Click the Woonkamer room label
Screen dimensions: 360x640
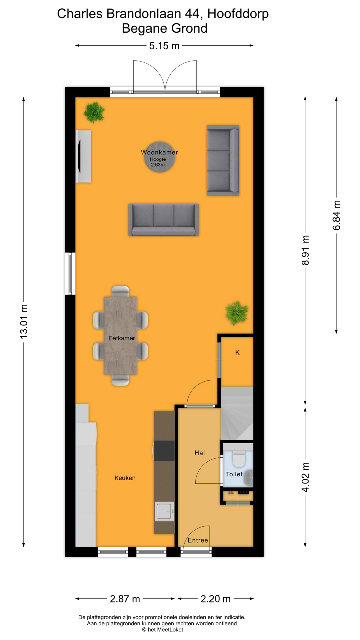coord(159,152)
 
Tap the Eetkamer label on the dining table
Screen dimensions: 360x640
coord(122,338)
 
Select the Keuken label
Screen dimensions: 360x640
coord(125,478)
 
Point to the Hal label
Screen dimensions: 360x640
coord(200,453)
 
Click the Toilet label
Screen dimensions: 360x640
coord(234,474)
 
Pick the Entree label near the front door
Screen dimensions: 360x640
coord(198,540)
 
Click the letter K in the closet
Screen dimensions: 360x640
coord(237,352)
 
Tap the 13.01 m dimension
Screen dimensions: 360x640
coord(24,322)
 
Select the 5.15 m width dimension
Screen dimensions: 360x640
coord(164,46)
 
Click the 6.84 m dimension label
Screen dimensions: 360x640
coord(336,215)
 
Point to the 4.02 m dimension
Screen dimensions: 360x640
coord(305,477)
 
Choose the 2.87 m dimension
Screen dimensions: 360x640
coord(125,599)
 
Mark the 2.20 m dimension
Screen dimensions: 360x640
coord(216,599)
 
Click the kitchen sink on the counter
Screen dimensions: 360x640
coord(164,511)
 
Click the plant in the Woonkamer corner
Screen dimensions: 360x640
coord(94,112)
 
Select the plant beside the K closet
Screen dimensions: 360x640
coord(237,313)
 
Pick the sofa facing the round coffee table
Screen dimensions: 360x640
coord(164,220)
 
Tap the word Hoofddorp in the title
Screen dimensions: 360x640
coord(238,14)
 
